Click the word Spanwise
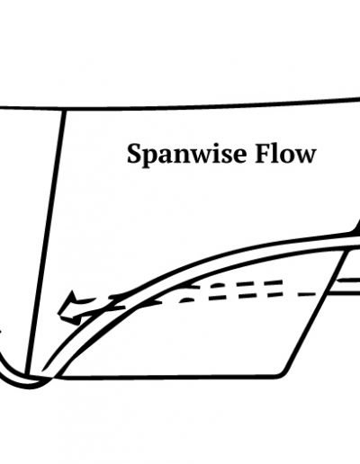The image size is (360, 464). pos(187,156)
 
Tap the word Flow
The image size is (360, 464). pos(285,155)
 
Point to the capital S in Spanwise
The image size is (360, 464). pos(134,154)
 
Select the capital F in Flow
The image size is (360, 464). pos(263,155)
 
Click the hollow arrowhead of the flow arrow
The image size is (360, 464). pos(69,308)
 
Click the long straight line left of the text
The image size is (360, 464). pos(45,242)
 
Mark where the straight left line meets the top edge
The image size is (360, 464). pos(64,110)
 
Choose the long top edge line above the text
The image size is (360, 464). pos(180,107)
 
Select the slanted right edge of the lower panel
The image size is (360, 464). pos(316,312)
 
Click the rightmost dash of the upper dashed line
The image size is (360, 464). pos(272,282)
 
